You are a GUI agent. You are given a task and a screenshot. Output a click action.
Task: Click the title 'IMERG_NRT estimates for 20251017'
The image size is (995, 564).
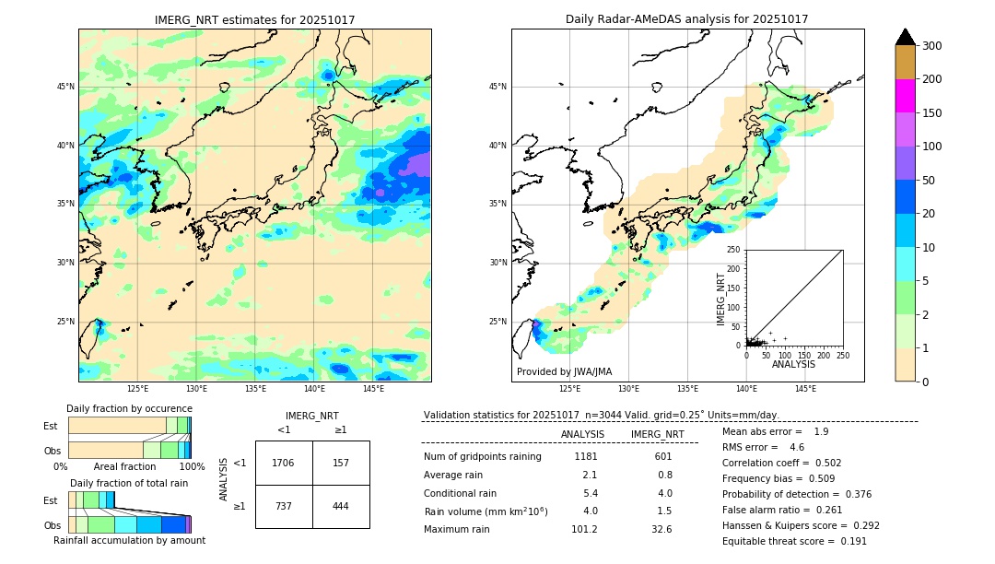[254, 19]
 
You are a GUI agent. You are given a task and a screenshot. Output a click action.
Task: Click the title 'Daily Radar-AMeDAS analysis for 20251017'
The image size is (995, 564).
[687, 19]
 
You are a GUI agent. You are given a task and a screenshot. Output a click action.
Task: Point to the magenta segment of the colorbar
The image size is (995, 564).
[906, 96]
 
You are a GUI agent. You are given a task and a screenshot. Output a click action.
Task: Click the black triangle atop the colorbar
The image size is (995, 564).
[906, 37]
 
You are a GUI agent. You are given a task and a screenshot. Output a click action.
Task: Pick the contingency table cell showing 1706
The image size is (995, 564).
[284, 463]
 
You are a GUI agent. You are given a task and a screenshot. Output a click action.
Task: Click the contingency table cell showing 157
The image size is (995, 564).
[341, 463]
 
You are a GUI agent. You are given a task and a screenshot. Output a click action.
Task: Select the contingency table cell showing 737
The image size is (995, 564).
[284, 506]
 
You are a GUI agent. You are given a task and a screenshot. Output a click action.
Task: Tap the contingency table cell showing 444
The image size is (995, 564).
[341, 506]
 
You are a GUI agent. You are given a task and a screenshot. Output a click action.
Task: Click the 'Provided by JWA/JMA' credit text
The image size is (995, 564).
[564, 372]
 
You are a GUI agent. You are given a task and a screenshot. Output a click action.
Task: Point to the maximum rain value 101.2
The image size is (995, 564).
[584, 530]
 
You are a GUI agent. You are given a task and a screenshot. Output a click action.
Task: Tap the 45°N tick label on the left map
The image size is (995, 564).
[65, 87]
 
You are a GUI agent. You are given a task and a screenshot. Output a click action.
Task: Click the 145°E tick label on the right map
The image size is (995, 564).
[805, 389]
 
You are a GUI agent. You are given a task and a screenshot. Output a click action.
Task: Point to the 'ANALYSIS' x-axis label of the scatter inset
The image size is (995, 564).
[793, 364]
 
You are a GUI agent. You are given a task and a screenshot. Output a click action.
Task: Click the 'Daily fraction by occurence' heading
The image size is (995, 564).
[129, 408]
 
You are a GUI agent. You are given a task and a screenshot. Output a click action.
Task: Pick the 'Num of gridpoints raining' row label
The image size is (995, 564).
[483, 457]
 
